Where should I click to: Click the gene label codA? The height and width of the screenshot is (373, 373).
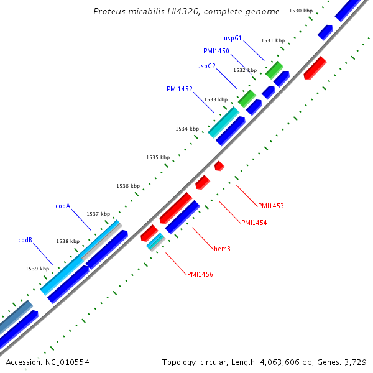[63, 206]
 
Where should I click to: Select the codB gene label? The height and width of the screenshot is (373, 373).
[25, 240]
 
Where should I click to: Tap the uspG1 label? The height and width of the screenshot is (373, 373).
[233, 38]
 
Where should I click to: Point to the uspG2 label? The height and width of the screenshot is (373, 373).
[206, 66]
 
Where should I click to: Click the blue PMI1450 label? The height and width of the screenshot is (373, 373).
[216, 51]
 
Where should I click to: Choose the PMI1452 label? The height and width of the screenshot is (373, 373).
[180, 89]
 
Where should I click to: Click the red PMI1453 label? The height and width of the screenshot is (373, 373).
[271, 205]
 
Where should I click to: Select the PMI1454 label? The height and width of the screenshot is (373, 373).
[254, 223]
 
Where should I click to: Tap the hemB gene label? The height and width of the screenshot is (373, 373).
[222, 249]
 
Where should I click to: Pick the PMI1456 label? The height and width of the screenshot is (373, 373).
[200, 274]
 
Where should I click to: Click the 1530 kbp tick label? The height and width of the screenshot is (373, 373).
[301, 11]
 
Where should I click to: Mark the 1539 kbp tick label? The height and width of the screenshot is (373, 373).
[37, 269]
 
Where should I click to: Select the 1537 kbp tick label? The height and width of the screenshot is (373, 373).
[98, 213]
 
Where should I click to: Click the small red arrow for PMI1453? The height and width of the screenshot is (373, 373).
[219, 165]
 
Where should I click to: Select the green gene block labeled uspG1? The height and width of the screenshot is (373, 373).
[274, 69]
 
